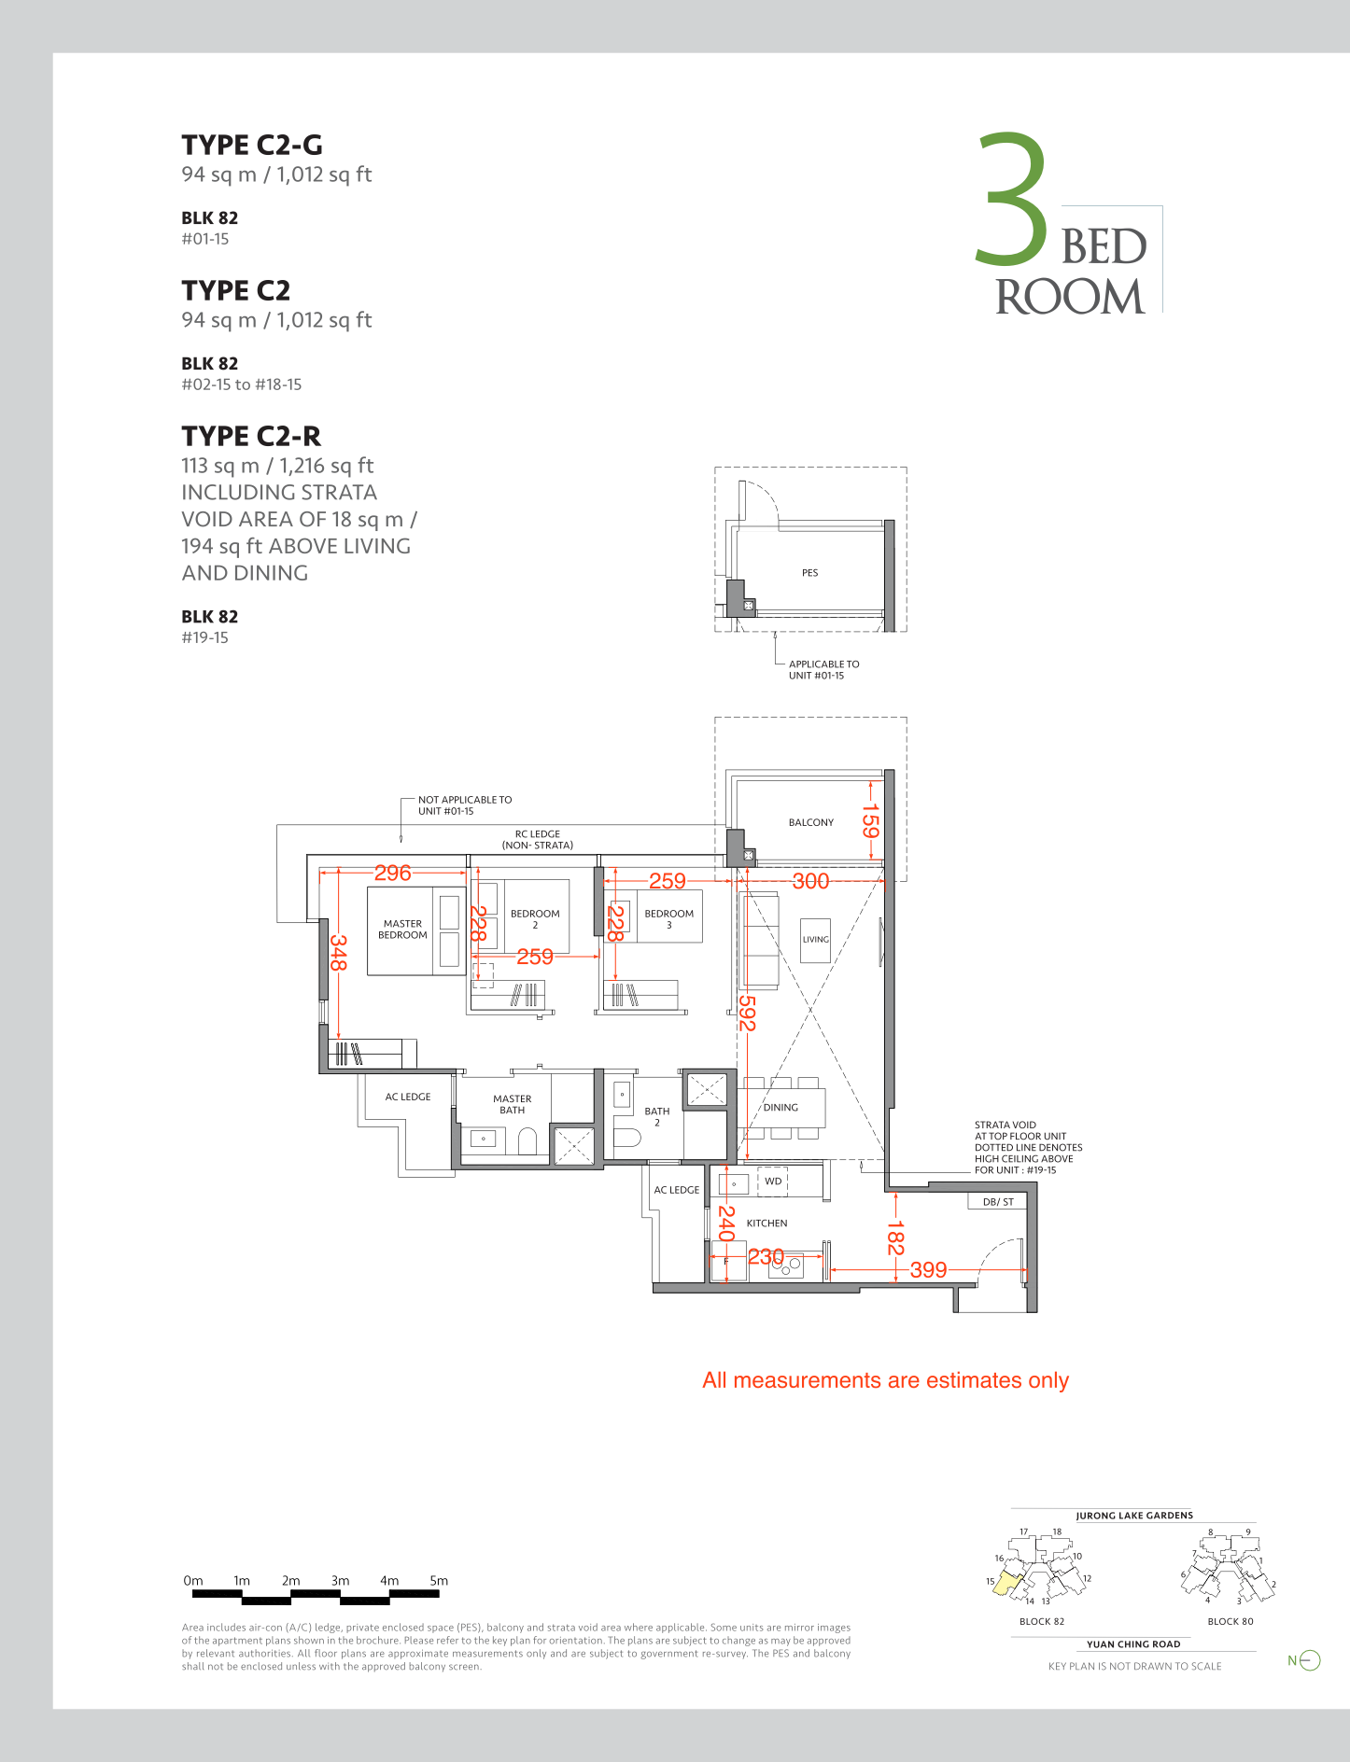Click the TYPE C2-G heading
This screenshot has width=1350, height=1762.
point(252,145)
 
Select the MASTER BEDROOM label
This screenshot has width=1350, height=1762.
point(402,930)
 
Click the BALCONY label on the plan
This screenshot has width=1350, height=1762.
point(811,822)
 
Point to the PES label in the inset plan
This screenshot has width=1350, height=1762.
point(809,573)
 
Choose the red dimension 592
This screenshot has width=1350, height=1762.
point(747,1013)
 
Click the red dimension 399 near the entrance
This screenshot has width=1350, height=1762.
point(928,1269)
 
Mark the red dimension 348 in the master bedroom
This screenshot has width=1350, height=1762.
point(338,953)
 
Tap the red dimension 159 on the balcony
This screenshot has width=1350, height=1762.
point(870,821)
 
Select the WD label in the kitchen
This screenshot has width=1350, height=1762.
point(773,1182)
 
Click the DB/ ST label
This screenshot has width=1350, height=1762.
point(998,1202)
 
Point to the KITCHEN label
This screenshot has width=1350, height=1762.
point(766,1223)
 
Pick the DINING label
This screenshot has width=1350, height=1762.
point(780,1108)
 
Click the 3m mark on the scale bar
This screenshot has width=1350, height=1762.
point(340,1581)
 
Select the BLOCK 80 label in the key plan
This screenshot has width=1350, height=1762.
point(1230,1621)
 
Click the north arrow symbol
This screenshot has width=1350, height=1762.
point(1310,1660)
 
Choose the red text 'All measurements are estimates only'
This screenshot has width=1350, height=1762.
point(885,1380)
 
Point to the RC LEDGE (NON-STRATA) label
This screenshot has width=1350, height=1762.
point(538,840)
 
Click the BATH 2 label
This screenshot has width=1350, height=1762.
point(657,1116)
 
